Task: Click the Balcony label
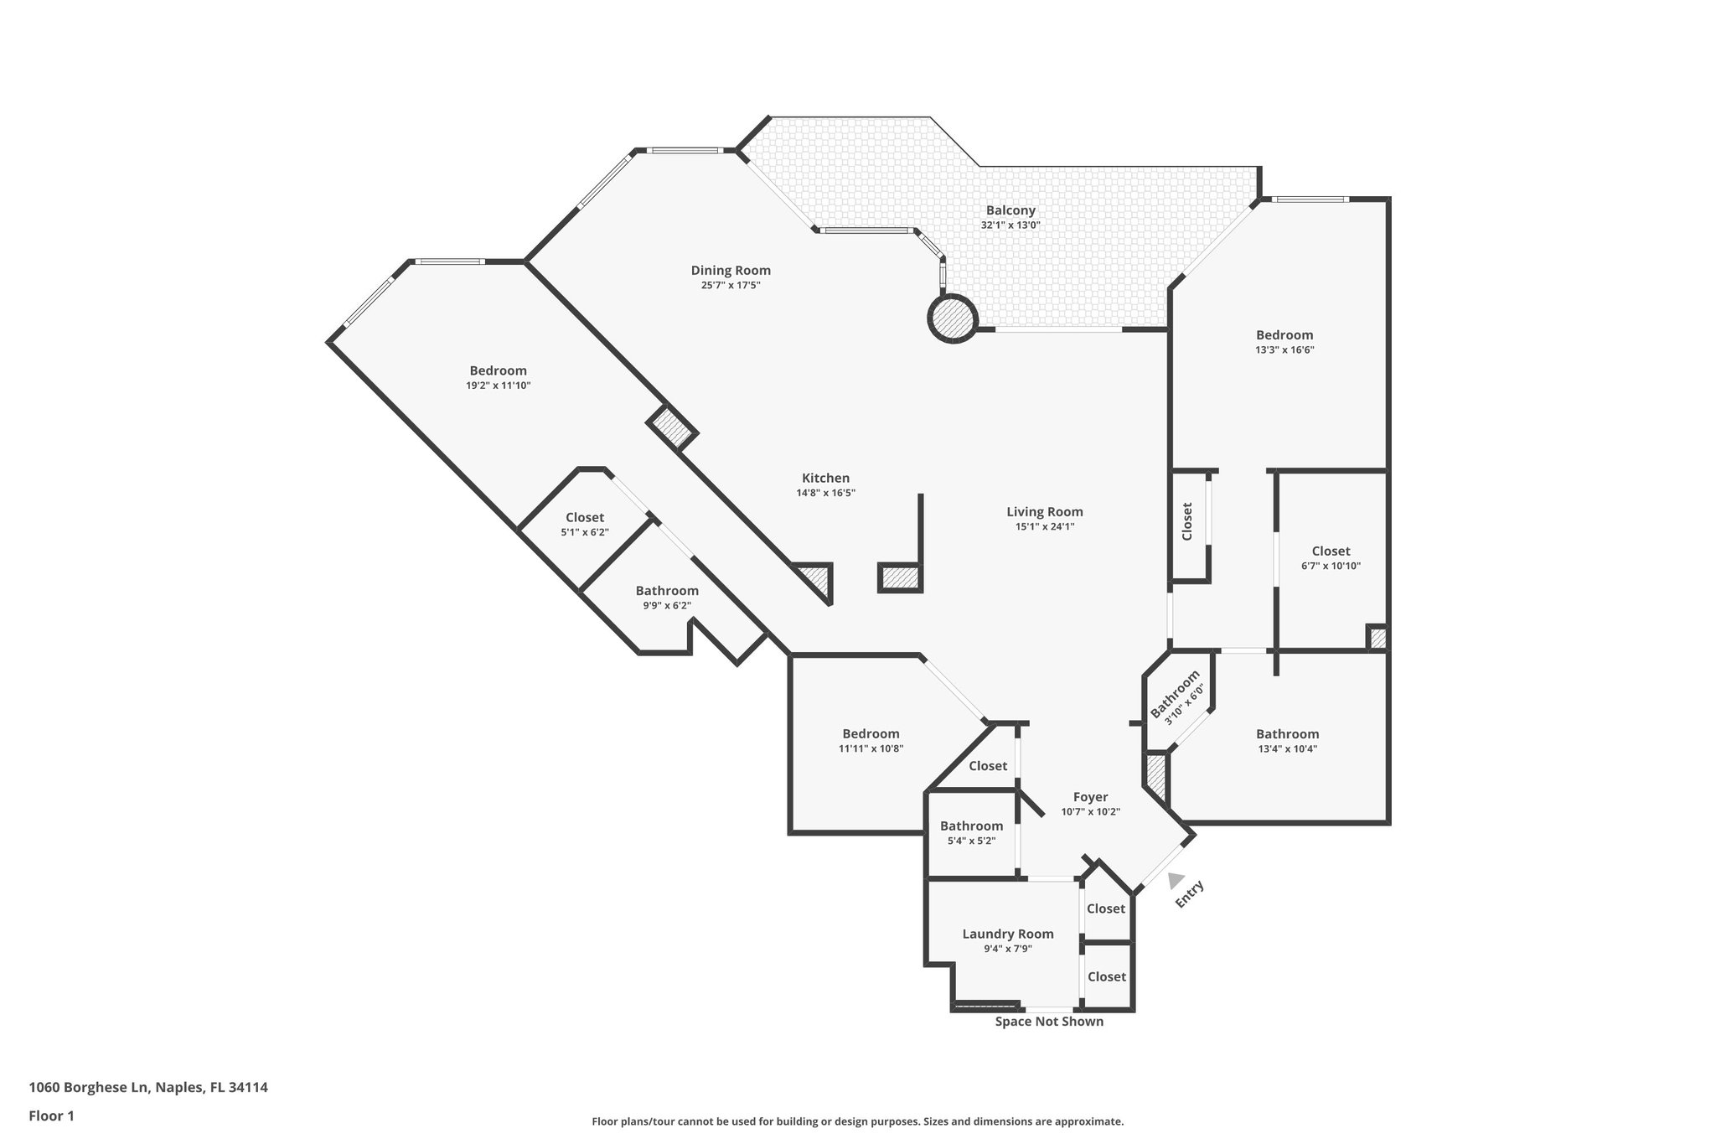pos(1010,210)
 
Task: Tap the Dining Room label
pos(731,270)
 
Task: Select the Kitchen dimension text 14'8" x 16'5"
pos(825,494)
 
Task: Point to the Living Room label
pos(1045,511)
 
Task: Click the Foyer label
pos(1090,797)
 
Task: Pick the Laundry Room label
pos(1008,934)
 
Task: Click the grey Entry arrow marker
pos(1176,879)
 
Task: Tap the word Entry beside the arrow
pos(1190,893)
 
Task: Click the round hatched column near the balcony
pos(953,318)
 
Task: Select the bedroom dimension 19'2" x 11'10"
pos(499,386)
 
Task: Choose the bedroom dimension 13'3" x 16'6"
pos(1284,350)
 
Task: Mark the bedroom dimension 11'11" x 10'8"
pos(871,749)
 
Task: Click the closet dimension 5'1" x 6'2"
pos(585,532)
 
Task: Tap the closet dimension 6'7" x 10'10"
pos(1331,566)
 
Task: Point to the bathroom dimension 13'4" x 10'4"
pos(1287,749)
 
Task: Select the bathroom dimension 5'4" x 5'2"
pos(971,841)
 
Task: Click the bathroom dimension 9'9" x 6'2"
pos(667,605)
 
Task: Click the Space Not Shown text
pos(1049,1022)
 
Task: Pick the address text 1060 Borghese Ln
pos(90,1087)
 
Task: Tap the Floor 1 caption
pos(52,1116)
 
